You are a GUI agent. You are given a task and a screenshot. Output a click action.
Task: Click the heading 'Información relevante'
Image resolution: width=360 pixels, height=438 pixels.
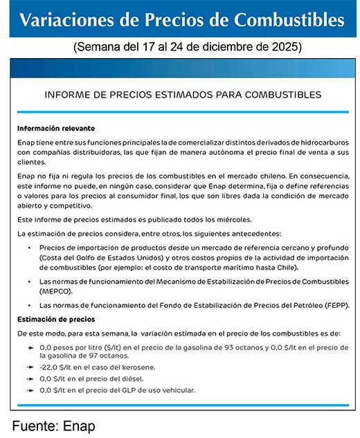56,129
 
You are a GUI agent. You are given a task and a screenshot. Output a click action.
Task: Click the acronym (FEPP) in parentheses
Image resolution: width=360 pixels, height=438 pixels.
334,305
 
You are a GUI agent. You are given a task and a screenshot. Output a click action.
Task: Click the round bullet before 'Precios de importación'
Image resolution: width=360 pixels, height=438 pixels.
29,248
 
